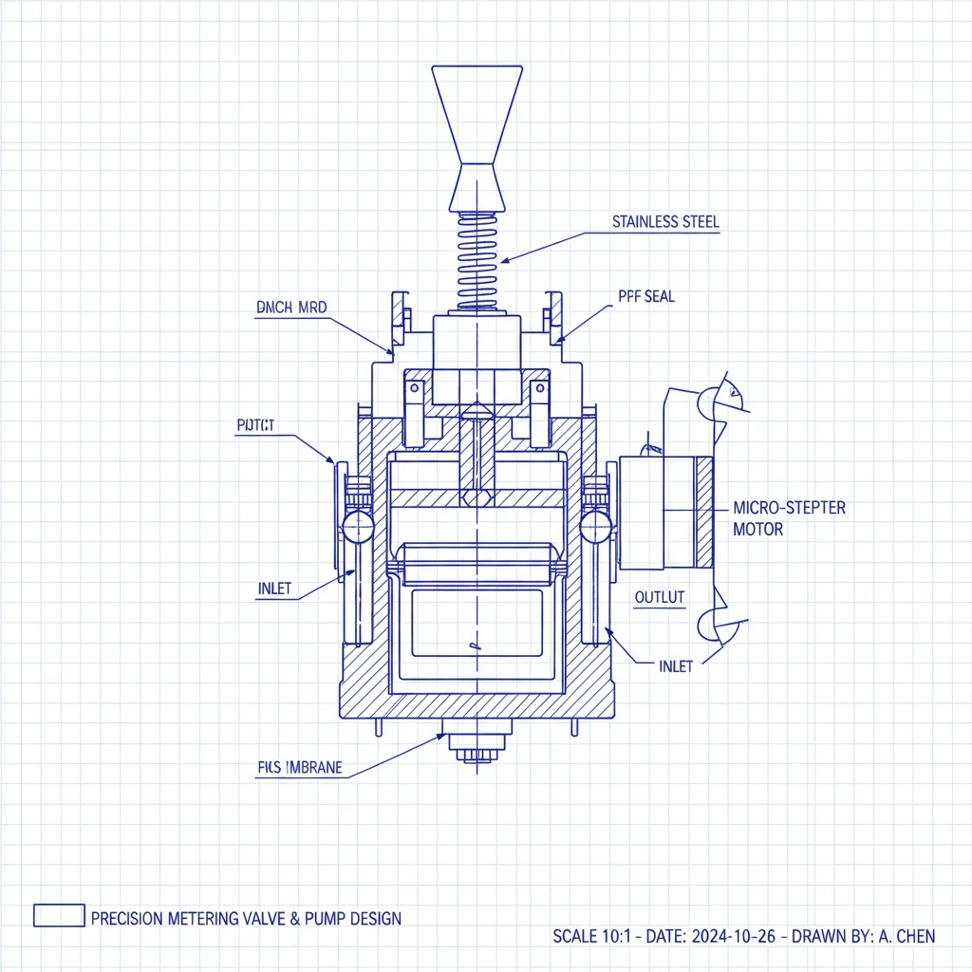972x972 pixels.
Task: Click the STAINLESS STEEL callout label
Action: click(x=665, y=222)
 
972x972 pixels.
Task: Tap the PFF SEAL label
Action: click(x=645, y=296)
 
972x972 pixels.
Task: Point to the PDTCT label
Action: click(x=254, y=426)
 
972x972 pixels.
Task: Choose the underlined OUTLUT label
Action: click(x=659, y=597)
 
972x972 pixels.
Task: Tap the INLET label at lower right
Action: click(x=675, y=666)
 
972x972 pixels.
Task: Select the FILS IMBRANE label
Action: click(x=299, y=768)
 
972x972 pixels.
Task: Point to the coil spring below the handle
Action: click(x=477, y=261)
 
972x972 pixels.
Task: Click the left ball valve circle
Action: click(x=358, y=525)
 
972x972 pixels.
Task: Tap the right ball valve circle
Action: click(x=595, y=525)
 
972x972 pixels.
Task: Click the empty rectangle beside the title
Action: click(x=59, y=915)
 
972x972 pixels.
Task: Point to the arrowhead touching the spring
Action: click(x=506, y=259)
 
